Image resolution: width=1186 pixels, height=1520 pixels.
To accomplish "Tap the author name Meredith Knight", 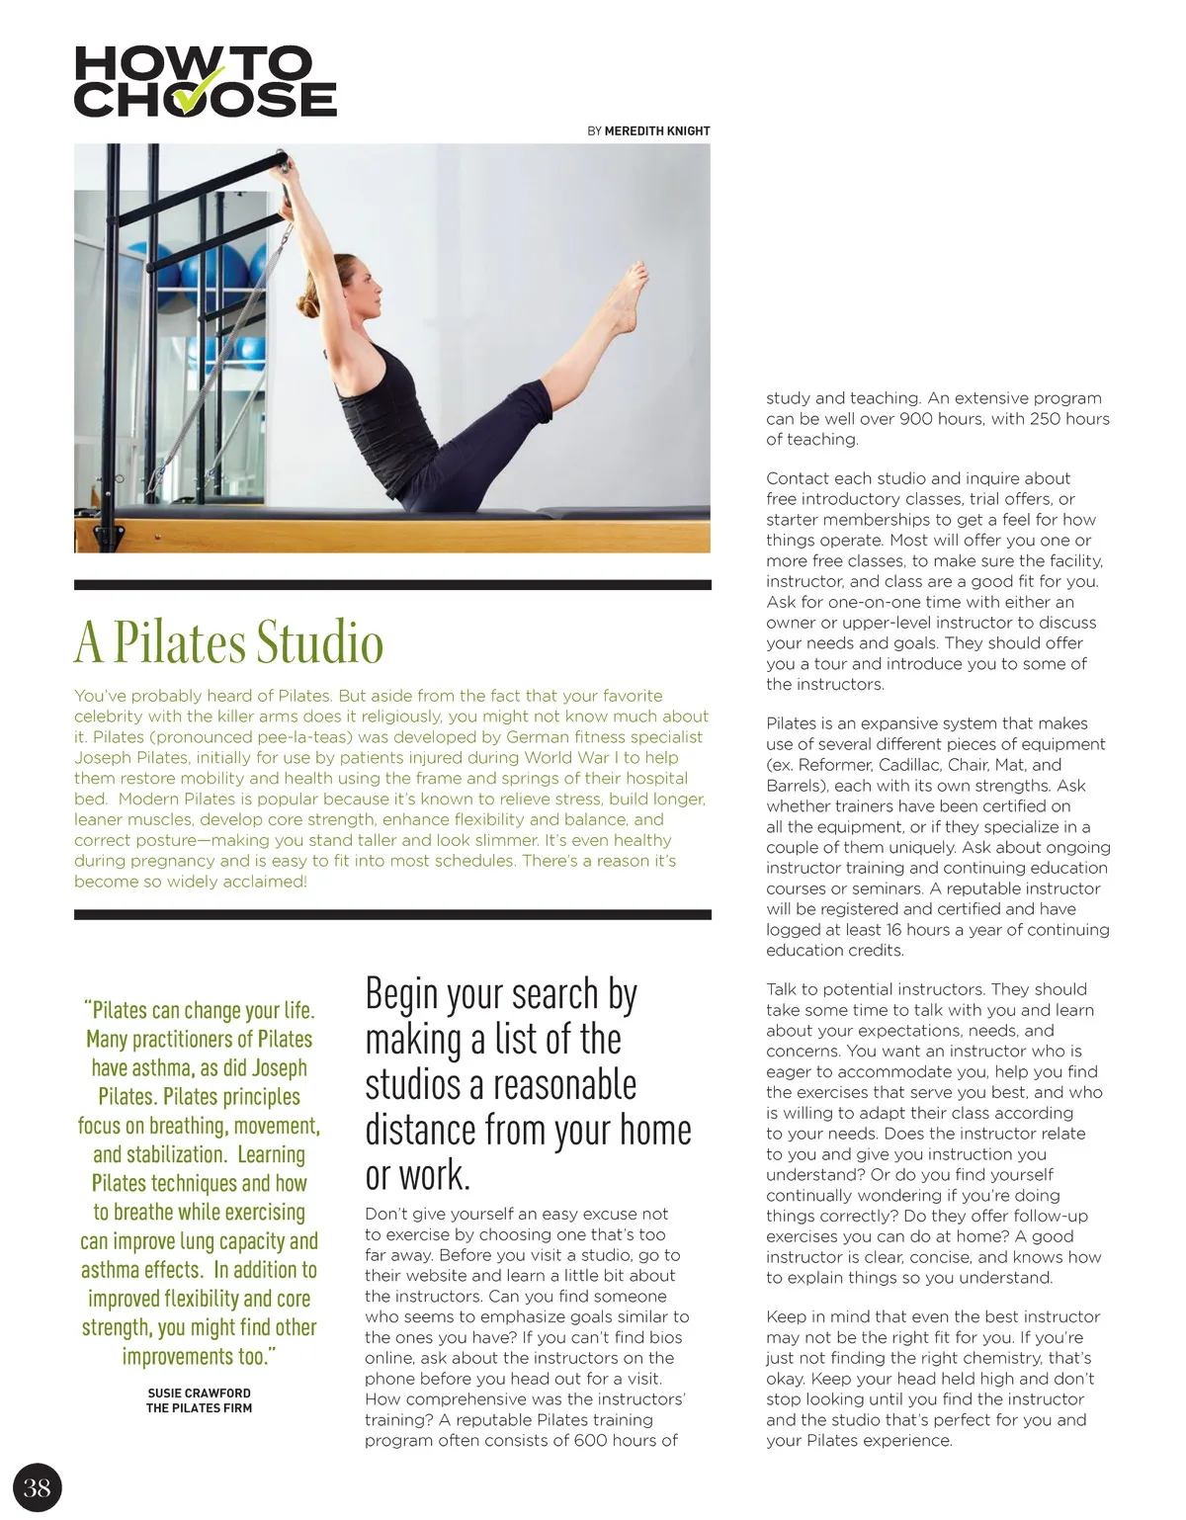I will pos(657,130).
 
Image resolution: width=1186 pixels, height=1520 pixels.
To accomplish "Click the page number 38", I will pos(37,1487).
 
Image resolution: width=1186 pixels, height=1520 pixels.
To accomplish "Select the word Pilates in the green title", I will pos(180,642).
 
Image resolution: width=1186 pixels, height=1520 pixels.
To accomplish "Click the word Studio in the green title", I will pos(320,642).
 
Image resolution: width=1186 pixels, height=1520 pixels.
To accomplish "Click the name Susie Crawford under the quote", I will pos(200,1393).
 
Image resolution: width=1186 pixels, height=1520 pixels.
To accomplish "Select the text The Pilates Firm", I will pos(200,1408).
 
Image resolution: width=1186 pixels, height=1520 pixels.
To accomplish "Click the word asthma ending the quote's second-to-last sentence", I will pos(109,1270).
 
